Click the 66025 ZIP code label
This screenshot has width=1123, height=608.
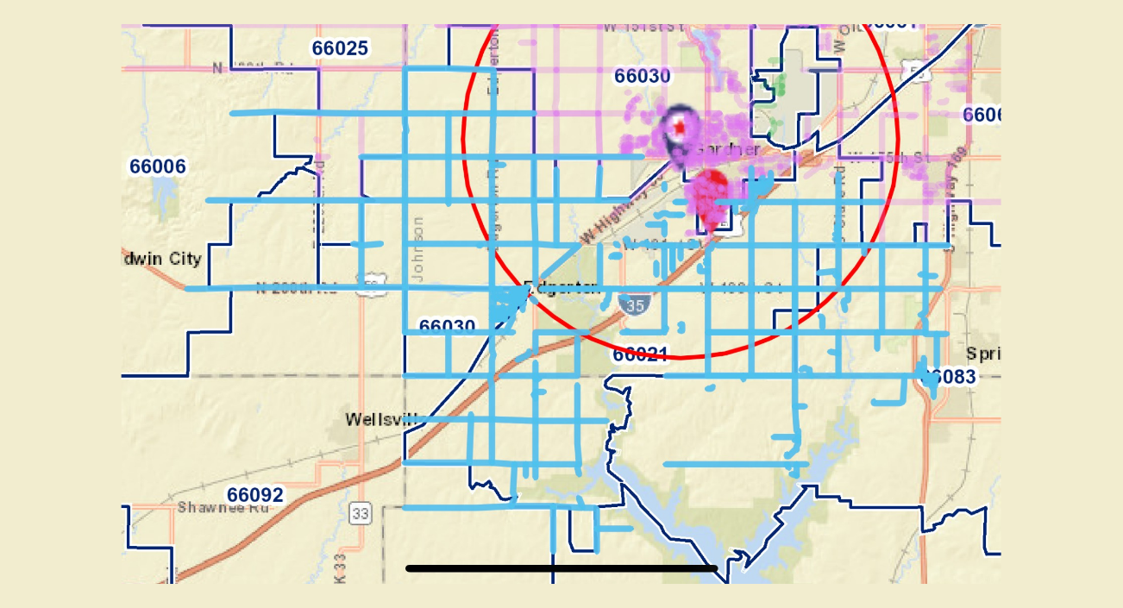click(341, 48)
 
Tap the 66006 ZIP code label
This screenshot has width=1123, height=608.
click(158, 166)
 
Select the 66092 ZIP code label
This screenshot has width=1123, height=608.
click(254, 495)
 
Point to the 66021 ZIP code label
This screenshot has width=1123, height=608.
click(641, 354)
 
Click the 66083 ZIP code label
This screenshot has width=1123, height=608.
click(951, 377)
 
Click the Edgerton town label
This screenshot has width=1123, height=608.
click(562, 289)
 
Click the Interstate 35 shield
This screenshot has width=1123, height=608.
click(635, 305)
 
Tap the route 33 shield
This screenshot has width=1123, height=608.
click(361, 514)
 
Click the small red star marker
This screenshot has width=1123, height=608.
click(680, 128)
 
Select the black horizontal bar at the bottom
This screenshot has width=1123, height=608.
click(561, 568)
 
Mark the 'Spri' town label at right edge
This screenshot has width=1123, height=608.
click(982, 354)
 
